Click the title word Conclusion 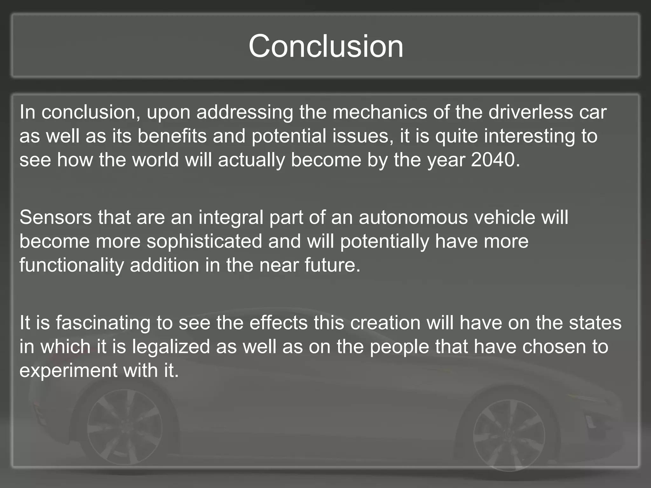326,46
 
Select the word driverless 531,112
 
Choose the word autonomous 413,217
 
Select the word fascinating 103,323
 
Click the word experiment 68,371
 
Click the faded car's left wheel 125,428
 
